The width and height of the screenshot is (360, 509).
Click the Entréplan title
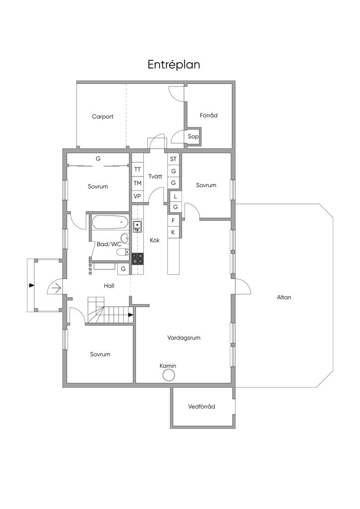pos(174,65)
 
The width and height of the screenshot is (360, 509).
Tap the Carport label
pos(102,116)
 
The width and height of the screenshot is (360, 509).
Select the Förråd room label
pos(208,115)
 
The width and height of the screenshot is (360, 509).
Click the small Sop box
pos(193,136)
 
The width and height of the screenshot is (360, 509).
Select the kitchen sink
pos(137,227)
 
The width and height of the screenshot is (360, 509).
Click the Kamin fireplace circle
pos(169,376)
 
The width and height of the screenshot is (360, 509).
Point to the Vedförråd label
pos(201,407)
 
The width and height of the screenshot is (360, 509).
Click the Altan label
pos(284,297)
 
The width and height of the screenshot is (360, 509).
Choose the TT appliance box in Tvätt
pos(137,170)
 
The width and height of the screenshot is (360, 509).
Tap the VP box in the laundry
pos(137,196)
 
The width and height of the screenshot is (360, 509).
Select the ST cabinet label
pos(174,159)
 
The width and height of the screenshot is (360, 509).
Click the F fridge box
pos(174,221)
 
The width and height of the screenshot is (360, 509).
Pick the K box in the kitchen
pos(173,233)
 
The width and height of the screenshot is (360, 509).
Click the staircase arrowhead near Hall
pos(130,315)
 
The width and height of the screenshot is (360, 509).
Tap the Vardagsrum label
pos(184,338)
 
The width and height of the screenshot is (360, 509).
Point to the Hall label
pos(109,286)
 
